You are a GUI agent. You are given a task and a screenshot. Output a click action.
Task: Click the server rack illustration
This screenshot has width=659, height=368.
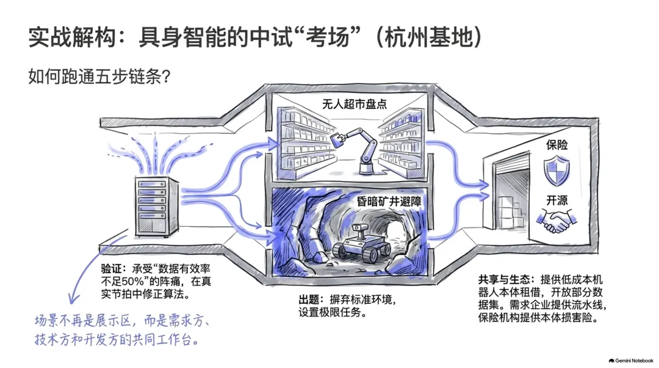click(x=157, y=207)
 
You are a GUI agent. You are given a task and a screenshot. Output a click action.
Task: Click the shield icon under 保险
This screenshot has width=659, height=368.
click(x=557, y=171)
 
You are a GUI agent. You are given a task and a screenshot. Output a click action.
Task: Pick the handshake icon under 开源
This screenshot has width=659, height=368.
click(x=556, y=221)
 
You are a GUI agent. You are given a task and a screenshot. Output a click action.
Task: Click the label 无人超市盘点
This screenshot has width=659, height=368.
click(x=355, y=104)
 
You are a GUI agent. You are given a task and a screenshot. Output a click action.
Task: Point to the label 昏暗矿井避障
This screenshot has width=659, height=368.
click(x=389, y=201)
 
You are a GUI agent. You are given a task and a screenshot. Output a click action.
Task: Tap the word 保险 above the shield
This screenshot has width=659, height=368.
click(x=557, y=145)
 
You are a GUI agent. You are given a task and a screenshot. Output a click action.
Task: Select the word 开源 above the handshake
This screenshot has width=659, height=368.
click(x=557, y=201)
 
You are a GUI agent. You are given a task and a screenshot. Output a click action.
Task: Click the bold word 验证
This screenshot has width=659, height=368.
click(x=112, y=268)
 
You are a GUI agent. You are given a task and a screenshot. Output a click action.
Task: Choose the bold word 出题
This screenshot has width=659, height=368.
click(x=309, y=300)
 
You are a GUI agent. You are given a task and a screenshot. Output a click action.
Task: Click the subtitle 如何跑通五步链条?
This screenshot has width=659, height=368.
click(x=99, y=76)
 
